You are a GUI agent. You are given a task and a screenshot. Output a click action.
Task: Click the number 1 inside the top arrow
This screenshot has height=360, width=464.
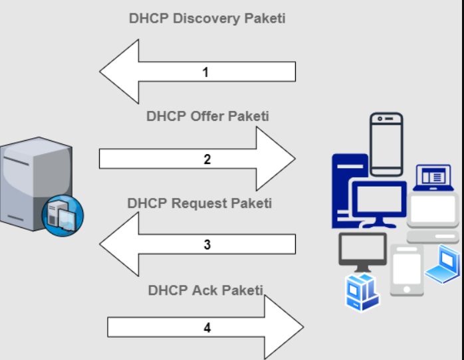tap(205, 72)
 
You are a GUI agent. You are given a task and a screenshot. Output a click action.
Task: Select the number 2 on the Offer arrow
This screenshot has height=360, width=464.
tap(207, 159)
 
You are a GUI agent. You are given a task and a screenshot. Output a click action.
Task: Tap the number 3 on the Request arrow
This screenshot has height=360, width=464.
tap(207, 245)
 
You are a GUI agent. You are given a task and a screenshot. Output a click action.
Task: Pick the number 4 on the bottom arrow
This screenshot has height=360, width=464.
tap(207, 327)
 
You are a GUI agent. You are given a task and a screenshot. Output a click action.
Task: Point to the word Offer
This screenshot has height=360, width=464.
tap(208, 116)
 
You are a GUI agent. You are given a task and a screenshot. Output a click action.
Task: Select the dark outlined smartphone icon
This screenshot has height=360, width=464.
tap(386, 143)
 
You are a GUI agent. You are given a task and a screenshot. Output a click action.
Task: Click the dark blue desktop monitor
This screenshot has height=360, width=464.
tap(379, 203)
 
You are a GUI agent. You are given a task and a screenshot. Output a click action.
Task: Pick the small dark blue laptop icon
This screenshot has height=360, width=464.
tap(433, 177)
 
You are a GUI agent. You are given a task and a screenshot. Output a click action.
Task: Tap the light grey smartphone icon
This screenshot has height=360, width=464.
tap(406, 269)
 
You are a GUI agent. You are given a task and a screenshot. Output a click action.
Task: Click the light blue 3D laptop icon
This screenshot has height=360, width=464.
tap(443, 264)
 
